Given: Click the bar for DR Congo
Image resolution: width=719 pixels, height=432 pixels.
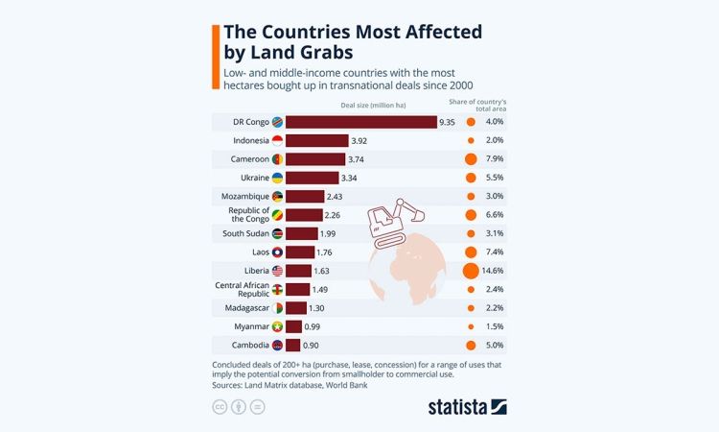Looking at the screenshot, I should point(361,122).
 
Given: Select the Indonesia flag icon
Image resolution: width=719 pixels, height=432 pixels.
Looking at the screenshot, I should point(277,140).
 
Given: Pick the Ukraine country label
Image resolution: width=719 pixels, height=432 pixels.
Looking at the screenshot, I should point(249,178).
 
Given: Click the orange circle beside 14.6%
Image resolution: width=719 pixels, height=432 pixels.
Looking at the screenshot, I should point(471,271).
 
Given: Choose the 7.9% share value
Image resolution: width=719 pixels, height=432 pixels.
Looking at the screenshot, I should point(495,159).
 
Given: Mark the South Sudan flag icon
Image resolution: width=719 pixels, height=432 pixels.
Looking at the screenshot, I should point(277,233).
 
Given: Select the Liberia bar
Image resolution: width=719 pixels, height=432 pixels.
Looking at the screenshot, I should point(299,271).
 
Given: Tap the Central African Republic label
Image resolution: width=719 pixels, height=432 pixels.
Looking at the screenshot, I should point(242,289).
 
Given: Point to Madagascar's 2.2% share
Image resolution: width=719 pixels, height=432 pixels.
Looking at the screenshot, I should point(495,307).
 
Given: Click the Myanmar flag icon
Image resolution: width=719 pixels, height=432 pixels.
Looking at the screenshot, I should point(277,326).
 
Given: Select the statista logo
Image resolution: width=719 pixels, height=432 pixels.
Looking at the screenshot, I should point(467,407).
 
